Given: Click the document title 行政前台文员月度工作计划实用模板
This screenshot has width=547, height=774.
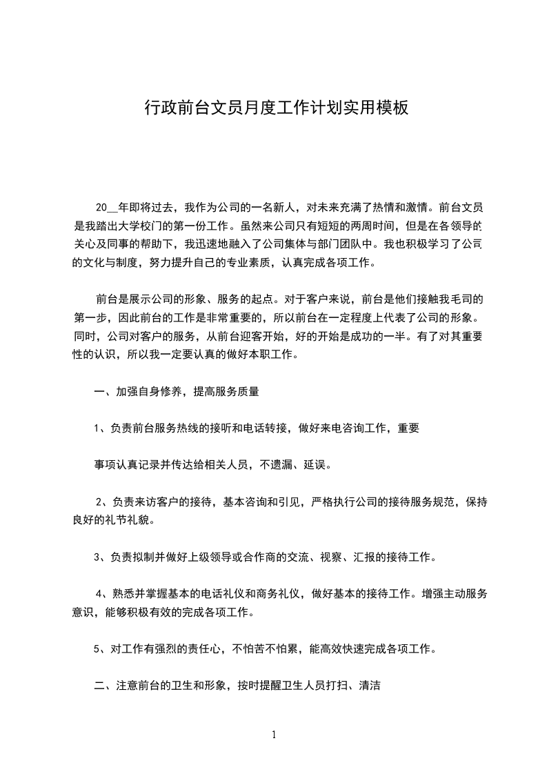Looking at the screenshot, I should click(276, 108).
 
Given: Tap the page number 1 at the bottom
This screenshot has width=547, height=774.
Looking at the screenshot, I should click(274, 735).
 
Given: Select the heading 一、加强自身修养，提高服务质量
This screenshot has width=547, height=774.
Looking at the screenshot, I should click(177, 392).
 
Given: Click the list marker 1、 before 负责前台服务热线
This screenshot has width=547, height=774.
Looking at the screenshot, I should click(101, 428).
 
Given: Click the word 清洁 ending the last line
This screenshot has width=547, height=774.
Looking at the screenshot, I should click(371, 685).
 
